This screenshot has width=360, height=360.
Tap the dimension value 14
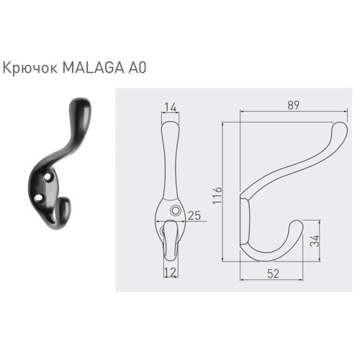[x=169, y=107]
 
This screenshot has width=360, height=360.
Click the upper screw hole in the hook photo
[x=48, y=174]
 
